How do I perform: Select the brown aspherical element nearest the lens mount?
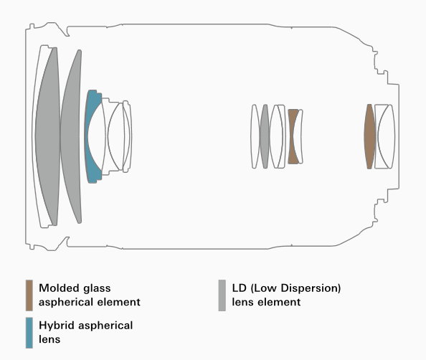(x=369, y=136)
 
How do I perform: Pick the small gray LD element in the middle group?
(x=265, y=136)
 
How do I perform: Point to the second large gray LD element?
(x=71, y=136)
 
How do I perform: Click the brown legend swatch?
(x=29, y=295)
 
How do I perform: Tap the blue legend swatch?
(x=29, y=333)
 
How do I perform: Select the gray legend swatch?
(x=222, y=295)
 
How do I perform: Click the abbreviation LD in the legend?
(x=239, y=288)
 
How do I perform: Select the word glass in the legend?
(x=97, y=288)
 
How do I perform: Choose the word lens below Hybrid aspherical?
(x=49, y=339)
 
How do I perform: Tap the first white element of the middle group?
(x=255, y=136)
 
